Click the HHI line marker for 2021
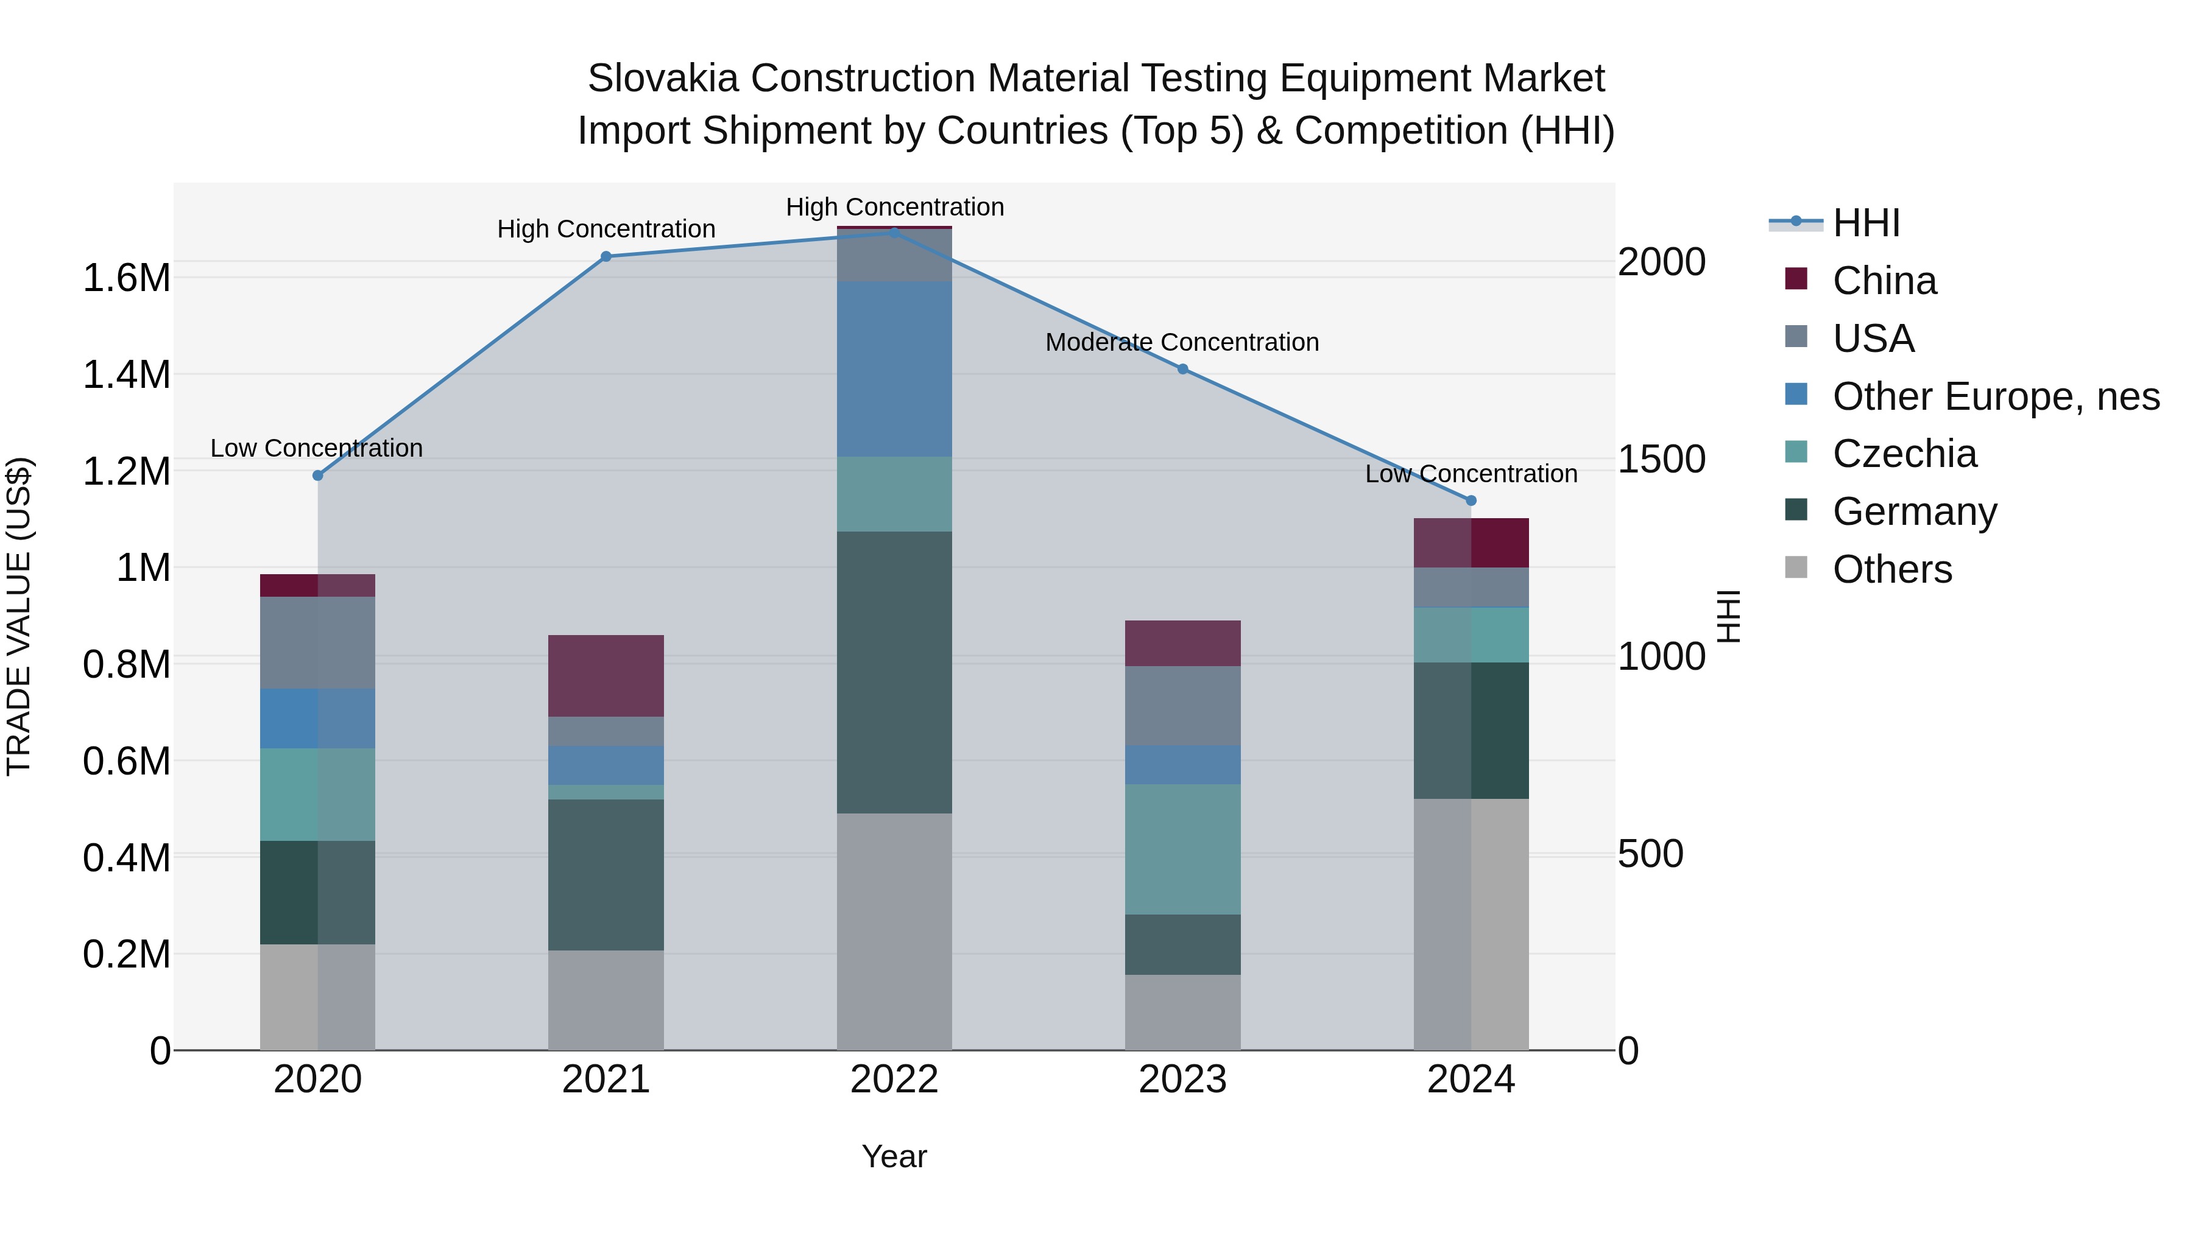pyautogui.click(x=606, y=256)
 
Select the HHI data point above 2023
pyautogui.click(x=1182, y=370)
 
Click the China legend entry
pyautogui.click(x=1884, y=281)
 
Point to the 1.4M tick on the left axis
pyautogui.click(x=126, y=375)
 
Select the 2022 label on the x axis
pyautogui.click(x=894, y=1080)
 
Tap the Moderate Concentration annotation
pyautogui.click(x=1182, y=342)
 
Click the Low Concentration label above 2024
pyautogui.click(x=1471, y=474)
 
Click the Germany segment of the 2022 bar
pyautogui.click(x=894, y=672)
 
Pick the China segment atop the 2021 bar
pyautogui.click(x=606, y=676)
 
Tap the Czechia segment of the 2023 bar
pyautogui.click(x=1182, y=849)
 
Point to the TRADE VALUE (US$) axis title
pyautogui.click(x=19, y=616)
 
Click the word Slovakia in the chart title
pyautogui.click(x=663, y=79)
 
